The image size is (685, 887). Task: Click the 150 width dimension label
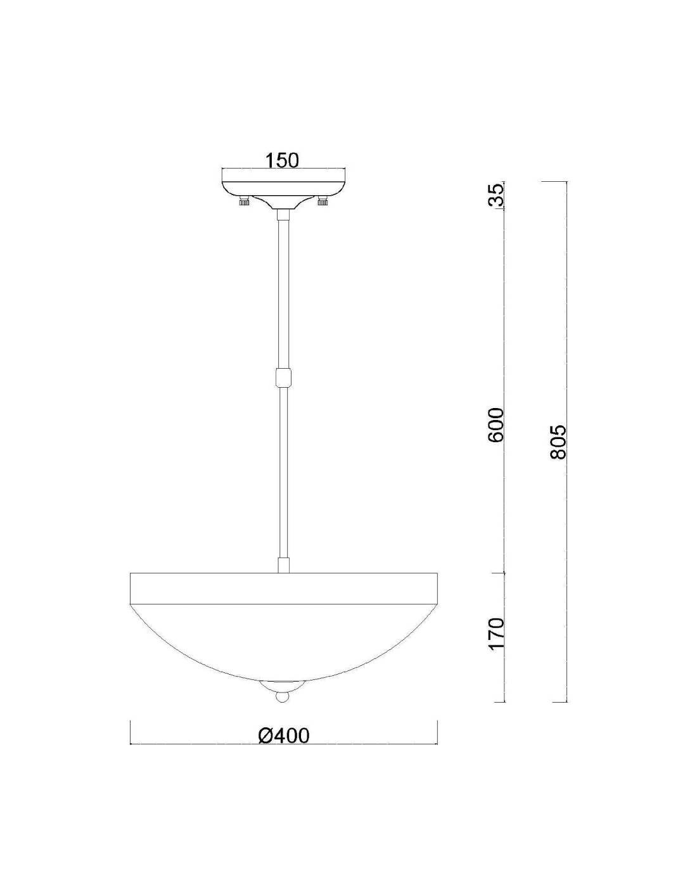coord(283,160)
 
